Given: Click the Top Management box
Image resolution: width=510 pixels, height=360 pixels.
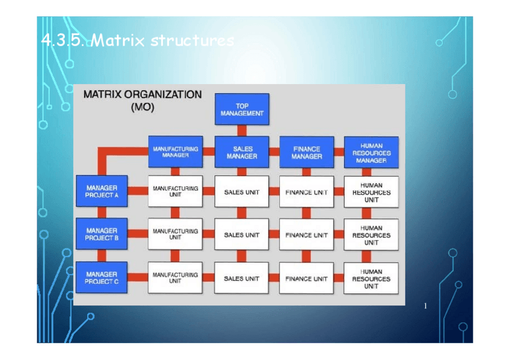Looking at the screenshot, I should point(242,109).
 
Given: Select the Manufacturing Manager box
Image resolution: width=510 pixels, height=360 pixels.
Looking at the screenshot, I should point(175,151).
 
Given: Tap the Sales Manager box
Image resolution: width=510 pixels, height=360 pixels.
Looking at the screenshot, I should point(242,152).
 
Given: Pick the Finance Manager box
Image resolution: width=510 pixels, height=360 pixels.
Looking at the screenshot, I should point(307,152).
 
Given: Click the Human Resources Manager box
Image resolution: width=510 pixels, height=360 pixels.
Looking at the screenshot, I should point(371,153).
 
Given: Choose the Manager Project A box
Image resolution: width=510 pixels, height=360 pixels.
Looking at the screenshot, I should point(102,191).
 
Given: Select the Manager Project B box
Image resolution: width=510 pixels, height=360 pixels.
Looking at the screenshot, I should point(102,234).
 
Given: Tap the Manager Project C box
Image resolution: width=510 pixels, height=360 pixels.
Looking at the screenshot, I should point(102,278).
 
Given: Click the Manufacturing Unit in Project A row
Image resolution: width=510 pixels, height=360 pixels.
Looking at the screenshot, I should point(175,191).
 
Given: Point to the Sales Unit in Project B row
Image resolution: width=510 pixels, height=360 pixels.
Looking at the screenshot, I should point(242,235).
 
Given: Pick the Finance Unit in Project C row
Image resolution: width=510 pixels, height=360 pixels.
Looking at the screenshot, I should point(307,278).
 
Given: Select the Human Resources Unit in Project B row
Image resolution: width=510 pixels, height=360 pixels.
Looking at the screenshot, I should point(371,235).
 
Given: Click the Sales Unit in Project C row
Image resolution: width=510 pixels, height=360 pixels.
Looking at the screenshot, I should point(242,278).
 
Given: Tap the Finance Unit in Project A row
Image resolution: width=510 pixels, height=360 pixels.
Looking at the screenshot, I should point(307,192).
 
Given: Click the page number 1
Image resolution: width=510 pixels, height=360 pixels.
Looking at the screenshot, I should point(425,307).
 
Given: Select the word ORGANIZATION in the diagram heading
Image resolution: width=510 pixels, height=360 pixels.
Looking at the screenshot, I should point(163,94).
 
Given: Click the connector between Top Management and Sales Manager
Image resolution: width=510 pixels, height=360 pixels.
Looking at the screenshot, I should point(242,130).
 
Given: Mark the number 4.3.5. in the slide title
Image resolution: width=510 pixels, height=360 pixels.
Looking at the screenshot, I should point(64,41).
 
